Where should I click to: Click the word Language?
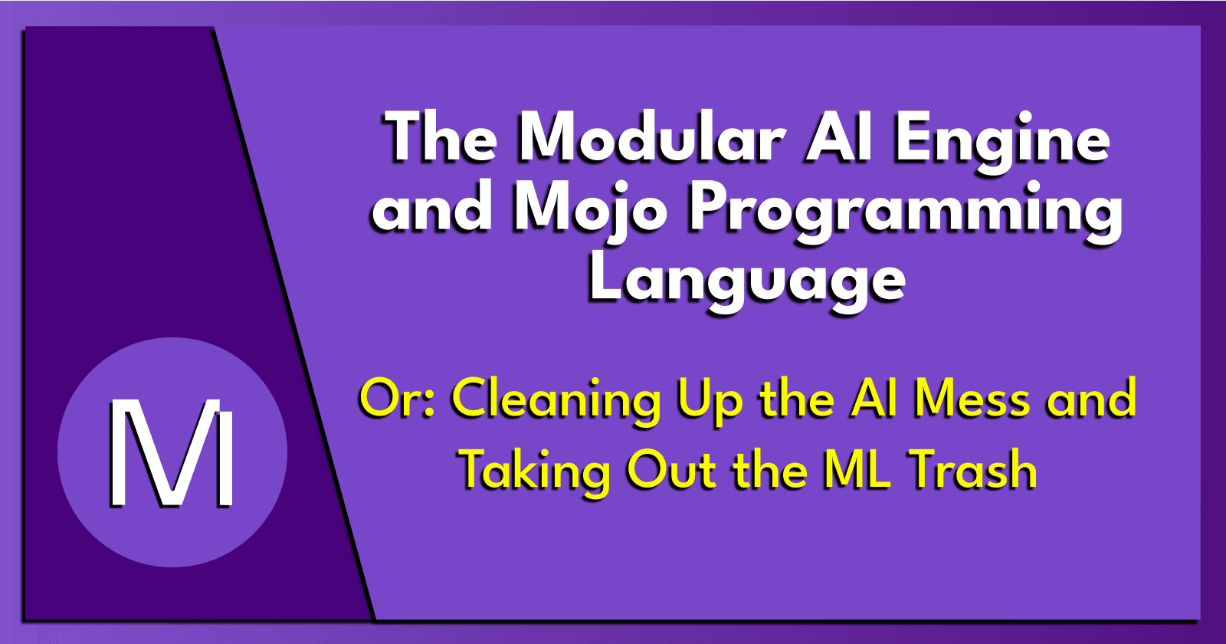[746, 281]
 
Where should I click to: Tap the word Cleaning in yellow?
[556, 401]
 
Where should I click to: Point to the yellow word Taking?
[535, 471]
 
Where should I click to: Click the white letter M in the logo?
[172, 453]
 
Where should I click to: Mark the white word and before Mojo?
[431, 209]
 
